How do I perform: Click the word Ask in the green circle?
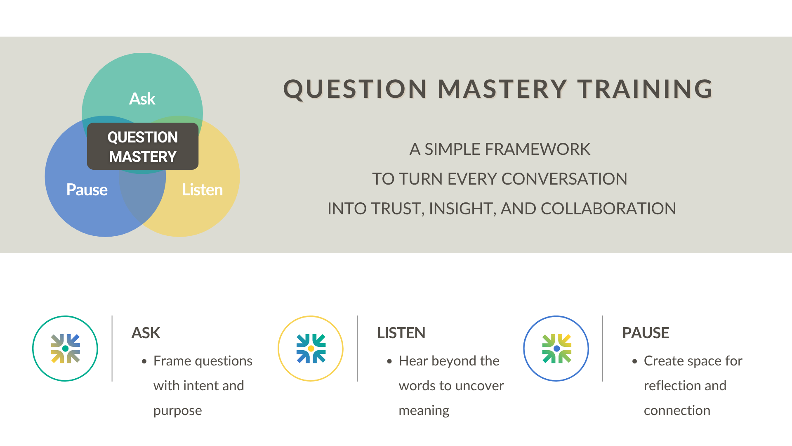142,99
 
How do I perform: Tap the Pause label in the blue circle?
87,190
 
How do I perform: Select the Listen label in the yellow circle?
202,190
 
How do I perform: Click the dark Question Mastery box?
143,146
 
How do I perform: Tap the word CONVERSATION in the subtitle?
564,179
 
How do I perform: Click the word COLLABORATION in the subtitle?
608,209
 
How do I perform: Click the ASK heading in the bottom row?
146,333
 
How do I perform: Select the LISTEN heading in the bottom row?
401,333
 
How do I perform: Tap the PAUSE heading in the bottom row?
646,333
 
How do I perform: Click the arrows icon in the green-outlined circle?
65,349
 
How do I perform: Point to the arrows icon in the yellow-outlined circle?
311,349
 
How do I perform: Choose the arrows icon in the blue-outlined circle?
556,349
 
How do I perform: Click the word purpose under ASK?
177,410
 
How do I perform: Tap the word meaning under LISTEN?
424,410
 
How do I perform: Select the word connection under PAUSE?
677,410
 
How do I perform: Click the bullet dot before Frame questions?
144,361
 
